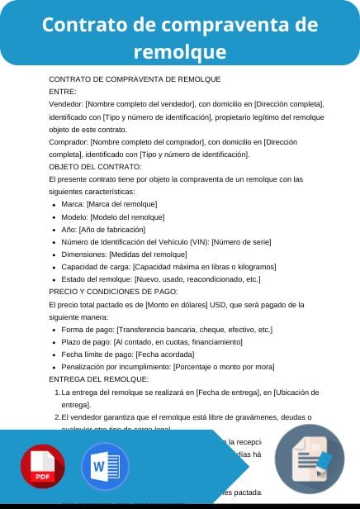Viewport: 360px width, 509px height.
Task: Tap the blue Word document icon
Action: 105,468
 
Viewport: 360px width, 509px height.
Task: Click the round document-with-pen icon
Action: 309,459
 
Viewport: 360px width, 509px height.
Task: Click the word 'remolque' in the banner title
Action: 180,52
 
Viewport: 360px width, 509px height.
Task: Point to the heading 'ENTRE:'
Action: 63,92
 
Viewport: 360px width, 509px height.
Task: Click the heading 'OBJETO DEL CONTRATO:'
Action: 96,166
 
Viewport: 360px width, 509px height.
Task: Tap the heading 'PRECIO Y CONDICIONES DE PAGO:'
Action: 113,291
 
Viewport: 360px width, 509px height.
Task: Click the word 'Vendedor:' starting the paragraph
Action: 66,104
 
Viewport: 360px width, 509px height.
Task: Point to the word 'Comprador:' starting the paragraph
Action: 69,141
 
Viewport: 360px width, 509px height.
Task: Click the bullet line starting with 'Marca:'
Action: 109,204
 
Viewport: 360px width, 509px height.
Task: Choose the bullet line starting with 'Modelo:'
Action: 109,216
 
